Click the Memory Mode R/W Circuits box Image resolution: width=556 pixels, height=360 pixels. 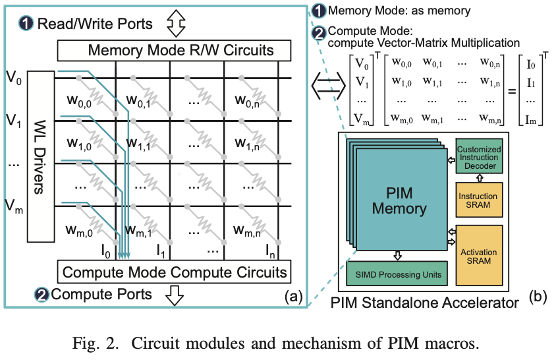coord(175,50)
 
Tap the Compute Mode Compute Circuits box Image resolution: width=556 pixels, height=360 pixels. coord(175,271)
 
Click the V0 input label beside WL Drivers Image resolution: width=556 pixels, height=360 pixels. coord(14,78)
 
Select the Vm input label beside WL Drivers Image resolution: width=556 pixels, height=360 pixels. coord(14,208)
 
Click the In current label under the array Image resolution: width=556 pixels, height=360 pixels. coord(269,250)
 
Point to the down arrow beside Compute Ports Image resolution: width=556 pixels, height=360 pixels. coord(175,295)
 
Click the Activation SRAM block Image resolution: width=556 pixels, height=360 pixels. coord(479,256)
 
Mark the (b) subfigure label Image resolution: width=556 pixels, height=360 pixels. coord(538,297)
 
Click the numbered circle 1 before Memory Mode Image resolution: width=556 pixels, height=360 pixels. coord(318,11)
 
